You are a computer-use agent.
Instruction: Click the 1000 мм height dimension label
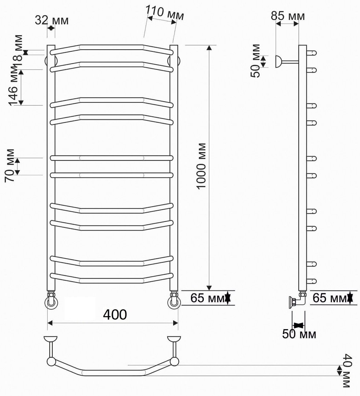click(x=201, y=166)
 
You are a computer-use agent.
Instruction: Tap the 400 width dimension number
click(x=115, y=314)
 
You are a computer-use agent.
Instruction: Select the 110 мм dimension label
click(x=165, y=13)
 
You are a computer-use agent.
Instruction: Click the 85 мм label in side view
click(x=288, y=16)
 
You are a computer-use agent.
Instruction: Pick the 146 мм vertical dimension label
click(x=14, y=85)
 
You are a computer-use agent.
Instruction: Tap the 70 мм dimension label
click(x=10, y=166)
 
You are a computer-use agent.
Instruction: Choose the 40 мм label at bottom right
click(x=346, y=371)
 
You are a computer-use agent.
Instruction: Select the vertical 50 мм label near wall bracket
click(x=255, y=61)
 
